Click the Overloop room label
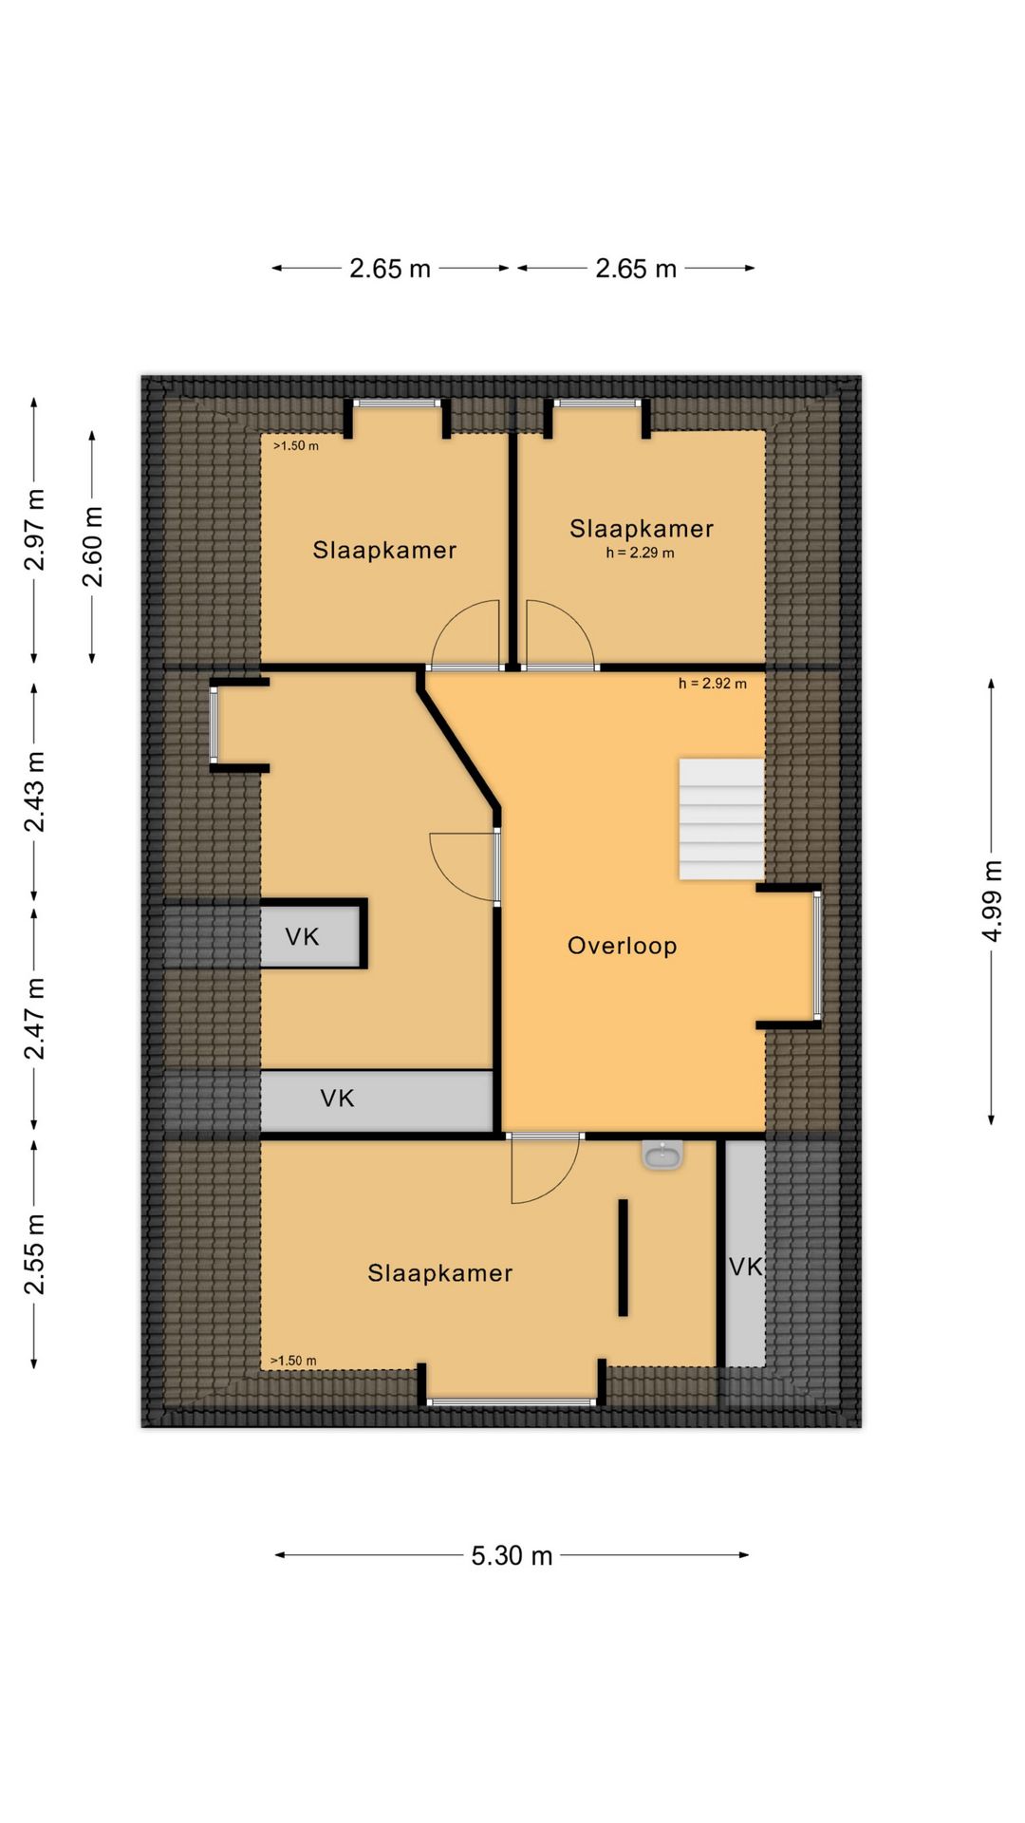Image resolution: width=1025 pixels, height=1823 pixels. (x=622, y=946)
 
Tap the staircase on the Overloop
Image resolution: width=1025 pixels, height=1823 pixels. (x=721, y=818)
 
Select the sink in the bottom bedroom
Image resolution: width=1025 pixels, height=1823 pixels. (x=662, y=1155)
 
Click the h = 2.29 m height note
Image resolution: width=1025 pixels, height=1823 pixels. (x=640, y=553)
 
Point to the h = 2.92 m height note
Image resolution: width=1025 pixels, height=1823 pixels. (x=712, y=684)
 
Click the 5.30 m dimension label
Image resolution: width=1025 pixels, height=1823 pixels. (x=512, y=1555)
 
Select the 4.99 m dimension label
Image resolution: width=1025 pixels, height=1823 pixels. (x=991, y=901)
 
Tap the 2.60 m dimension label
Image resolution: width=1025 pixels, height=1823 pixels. (x=92, y=547)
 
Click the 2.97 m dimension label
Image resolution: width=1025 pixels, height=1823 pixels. (x=34, y=530)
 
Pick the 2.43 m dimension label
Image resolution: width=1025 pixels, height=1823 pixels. (x=34, y=791)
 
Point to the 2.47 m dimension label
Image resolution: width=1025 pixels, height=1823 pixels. (x=34, y=1019)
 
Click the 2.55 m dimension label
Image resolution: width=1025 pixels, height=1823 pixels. (x=34, y=1253)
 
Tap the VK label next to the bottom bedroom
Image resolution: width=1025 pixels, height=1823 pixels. (x=746, y=1267)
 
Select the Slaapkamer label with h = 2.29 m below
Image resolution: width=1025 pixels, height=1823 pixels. (x=641, y=529)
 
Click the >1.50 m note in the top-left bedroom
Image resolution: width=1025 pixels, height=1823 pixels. (x=296, y=445)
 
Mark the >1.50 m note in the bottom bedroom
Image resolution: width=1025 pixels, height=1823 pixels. (x=293, y=1361)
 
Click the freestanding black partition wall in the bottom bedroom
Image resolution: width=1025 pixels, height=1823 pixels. (x=623, y=1257)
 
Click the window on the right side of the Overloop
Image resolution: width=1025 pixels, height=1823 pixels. (x=816, y=955)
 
